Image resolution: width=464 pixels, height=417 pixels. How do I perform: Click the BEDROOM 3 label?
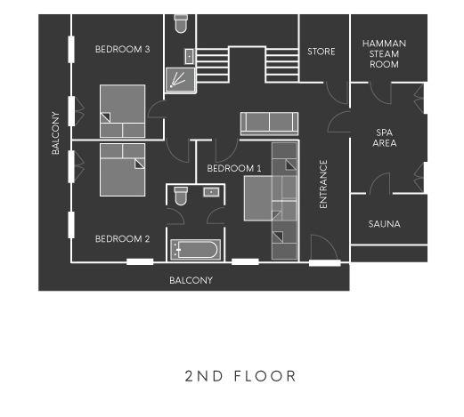pyautogui.click(x=122, y=49)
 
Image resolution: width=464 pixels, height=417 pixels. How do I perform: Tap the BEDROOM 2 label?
pyautogui.click(x=122, y=239)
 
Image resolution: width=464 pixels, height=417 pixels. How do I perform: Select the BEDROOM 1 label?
pyautogui.click(x=234, y=169)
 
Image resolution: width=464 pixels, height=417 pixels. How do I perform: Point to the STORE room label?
pyautogui.click(x=322, y=52)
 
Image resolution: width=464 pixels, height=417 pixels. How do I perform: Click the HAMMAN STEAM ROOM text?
pyautogui.click(x=384, y=54)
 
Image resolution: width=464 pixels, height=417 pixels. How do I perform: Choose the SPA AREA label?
pyautogui.click(x=385, y=138)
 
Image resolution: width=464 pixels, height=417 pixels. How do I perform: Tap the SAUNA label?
pyautogui.click(x=384, y=224)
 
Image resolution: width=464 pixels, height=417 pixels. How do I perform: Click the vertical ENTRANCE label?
pyautogui.click(x=323, y=184)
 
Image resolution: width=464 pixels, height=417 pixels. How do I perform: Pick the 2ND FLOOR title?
pyautogui.click(x=240, y=376)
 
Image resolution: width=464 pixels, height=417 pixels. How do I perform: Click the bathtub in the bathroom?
pyautogui.click(x=196, y=250)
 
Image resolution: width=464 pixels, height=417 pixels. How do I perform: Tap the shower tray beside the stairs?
pyautogui.click(x=180, y=80)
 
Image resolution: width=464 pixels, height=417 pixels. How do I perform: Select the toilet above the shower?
pyautogui.click(x=181, y=23)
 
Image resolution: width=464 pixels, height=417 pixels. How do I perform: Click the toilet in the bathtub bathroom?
pyautogui.click(x=181, y=196)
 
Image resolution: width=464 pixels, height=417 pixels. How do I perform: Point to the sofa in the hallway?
pyautogui.click(x=269, y=124)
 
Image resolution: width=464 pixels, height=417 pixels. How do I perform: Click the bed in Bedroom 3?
pyautogui.click(x=123, y=111)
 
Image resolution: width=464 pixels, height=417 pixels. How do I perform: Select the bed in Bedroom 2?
pyautogui.click(x=123, y=170)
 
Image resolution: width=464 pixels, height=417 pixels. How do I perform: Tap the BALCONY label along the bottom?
pyautogui.click(x=191, y=280)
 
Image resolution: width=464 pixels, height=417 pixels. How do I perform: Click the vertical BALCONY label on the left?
pyautogui.click(x=55, y=133)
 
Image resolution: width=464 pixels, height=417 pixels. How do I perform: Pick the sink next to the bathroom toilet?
pyautogui.click(x=211, y=192)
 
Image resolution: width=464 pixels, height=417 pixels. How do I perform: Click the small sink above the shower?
pyautogui.click(x=190, y=56)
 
